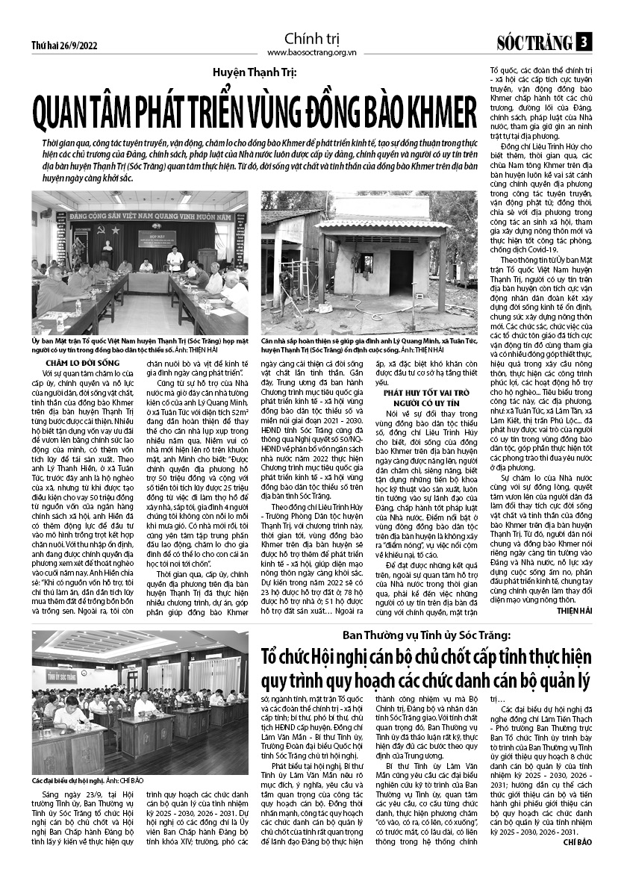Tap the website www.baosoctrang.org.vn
tap(311, 53)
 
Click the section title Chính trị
tap(311, 39)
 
